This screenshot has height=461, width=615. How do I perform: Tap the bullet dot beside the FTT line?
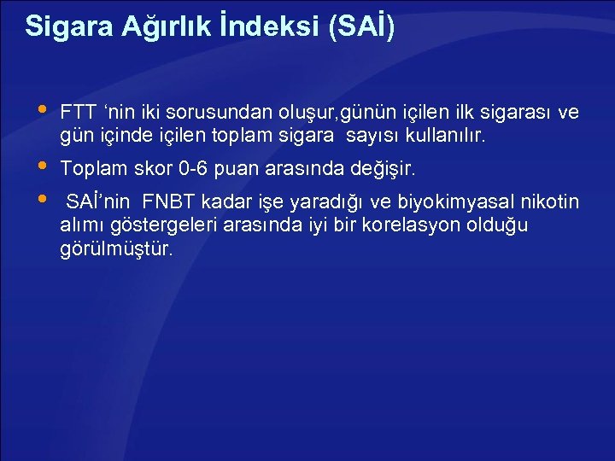tap(43, 110)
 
